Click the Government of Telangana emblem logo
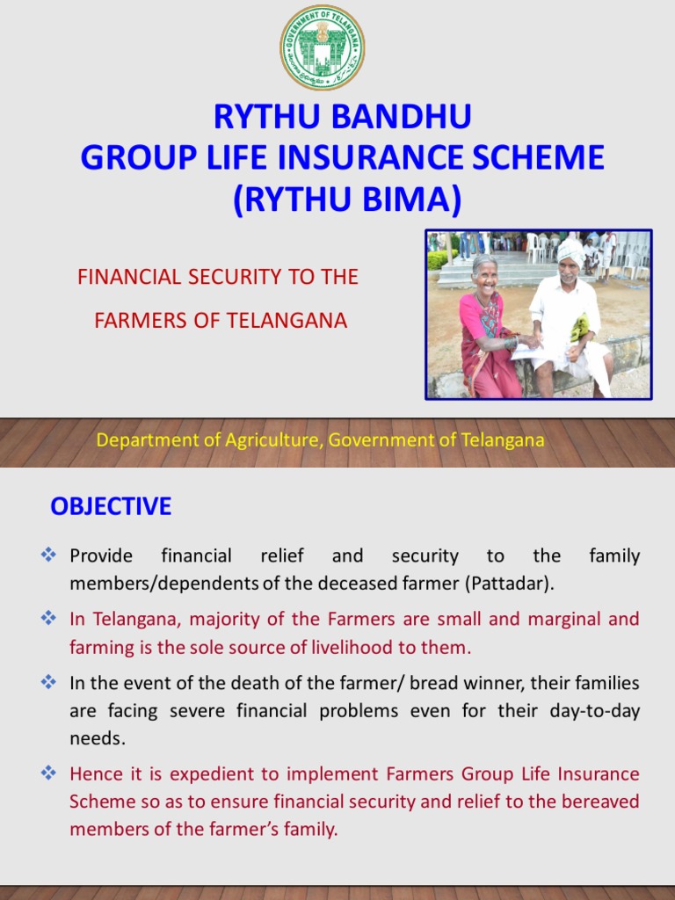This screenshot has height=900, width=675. [322, 47]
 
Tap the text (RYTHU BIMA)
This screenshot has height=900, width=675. [346, 200]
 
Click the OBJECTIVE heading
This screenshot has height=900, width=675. [111, 506]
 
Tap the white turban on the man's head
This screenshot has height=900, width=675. [570, 250]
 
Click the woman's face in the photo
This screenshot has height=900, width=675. [485, 275]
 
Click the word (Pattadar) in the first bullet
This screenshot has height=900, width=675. [511, 584]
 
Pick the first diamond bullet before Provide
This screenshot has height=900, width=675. [49, 555]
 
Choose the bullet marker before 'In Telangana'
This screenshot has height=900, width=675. [49, 618]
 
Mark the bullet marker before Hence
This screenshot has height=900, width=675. [49, 773]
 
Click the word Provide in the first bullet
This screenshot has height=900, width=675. [101, 555]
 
